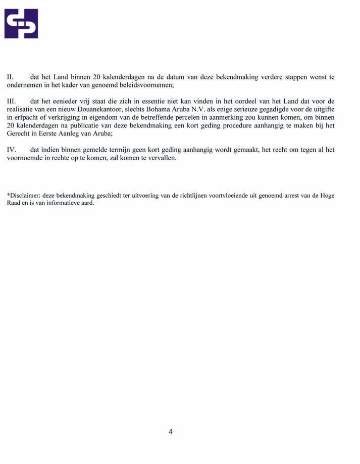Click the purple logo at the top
point(21,23)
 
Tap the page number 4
point(171,432)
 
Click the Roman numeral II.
point(10,77)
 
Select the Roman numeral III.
point(12,102)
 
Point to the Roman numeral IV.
point(11,150)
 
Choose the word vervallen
point(161,158)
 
